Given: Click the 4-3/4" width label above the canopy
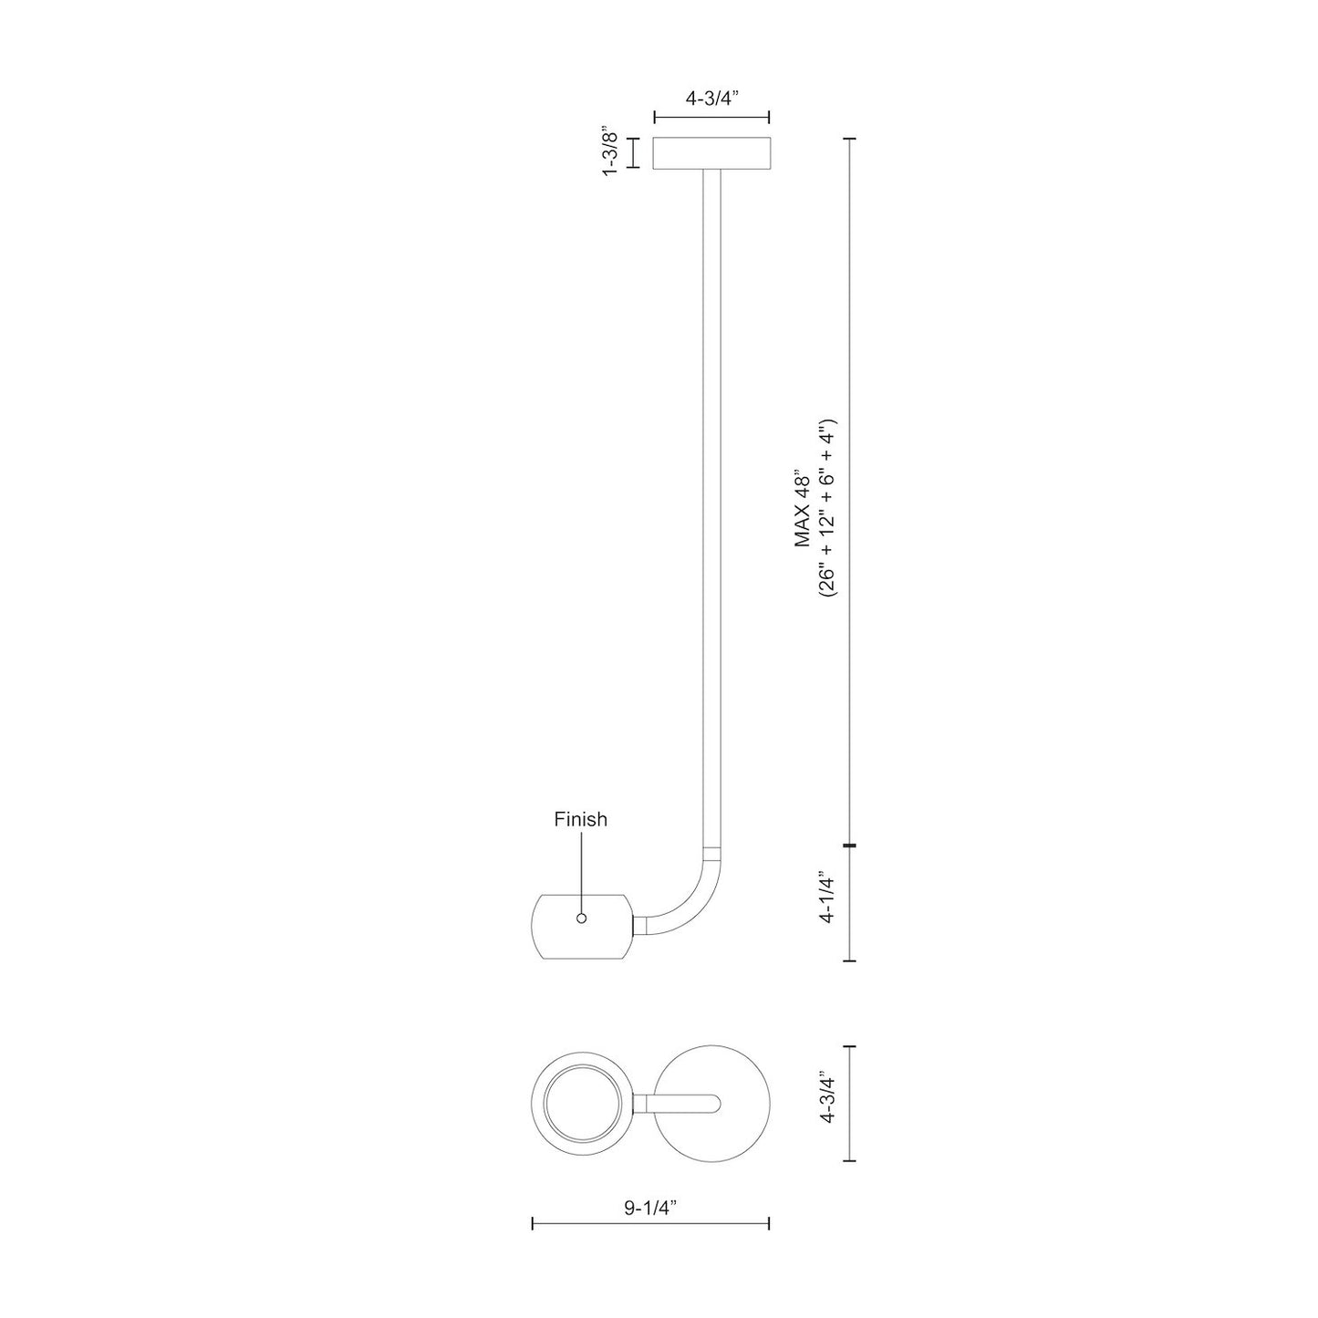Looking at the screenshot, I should click(x=711, y=98).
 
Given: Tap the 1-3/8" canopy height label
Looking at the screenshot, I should click(x=612, y=153).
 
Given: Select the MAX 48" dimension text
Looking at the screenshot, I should click(x=803, y=511).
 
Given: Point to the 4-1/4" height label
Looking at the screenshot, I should click(x=827, y=898).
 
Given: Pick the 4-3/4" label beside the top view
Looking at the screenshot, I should click(x=827, y=1104).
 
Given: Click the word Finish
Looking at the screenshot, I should click(x=580, y=819).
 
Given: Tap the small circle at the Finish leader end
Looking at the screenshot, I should click(x=581, y=918).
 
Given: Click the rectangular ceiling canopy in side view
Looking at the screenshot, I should click(x=711, y=153).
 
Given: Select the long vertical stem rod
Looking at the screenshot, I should click(x=711, y=502).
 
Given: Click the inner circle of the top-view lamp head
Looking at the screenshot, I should click(x=580, y=1104).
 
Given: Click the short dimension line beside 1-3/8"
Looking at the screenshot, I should click(x=636, y=153).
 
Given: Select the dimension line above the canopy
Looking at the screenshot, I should click(x=711, y=117).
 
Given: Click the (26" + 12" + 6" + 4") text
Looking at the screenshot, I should click(x=827, y=511).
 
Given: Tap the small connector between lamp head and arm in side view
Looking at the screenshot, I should click(x=640, y=926).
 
